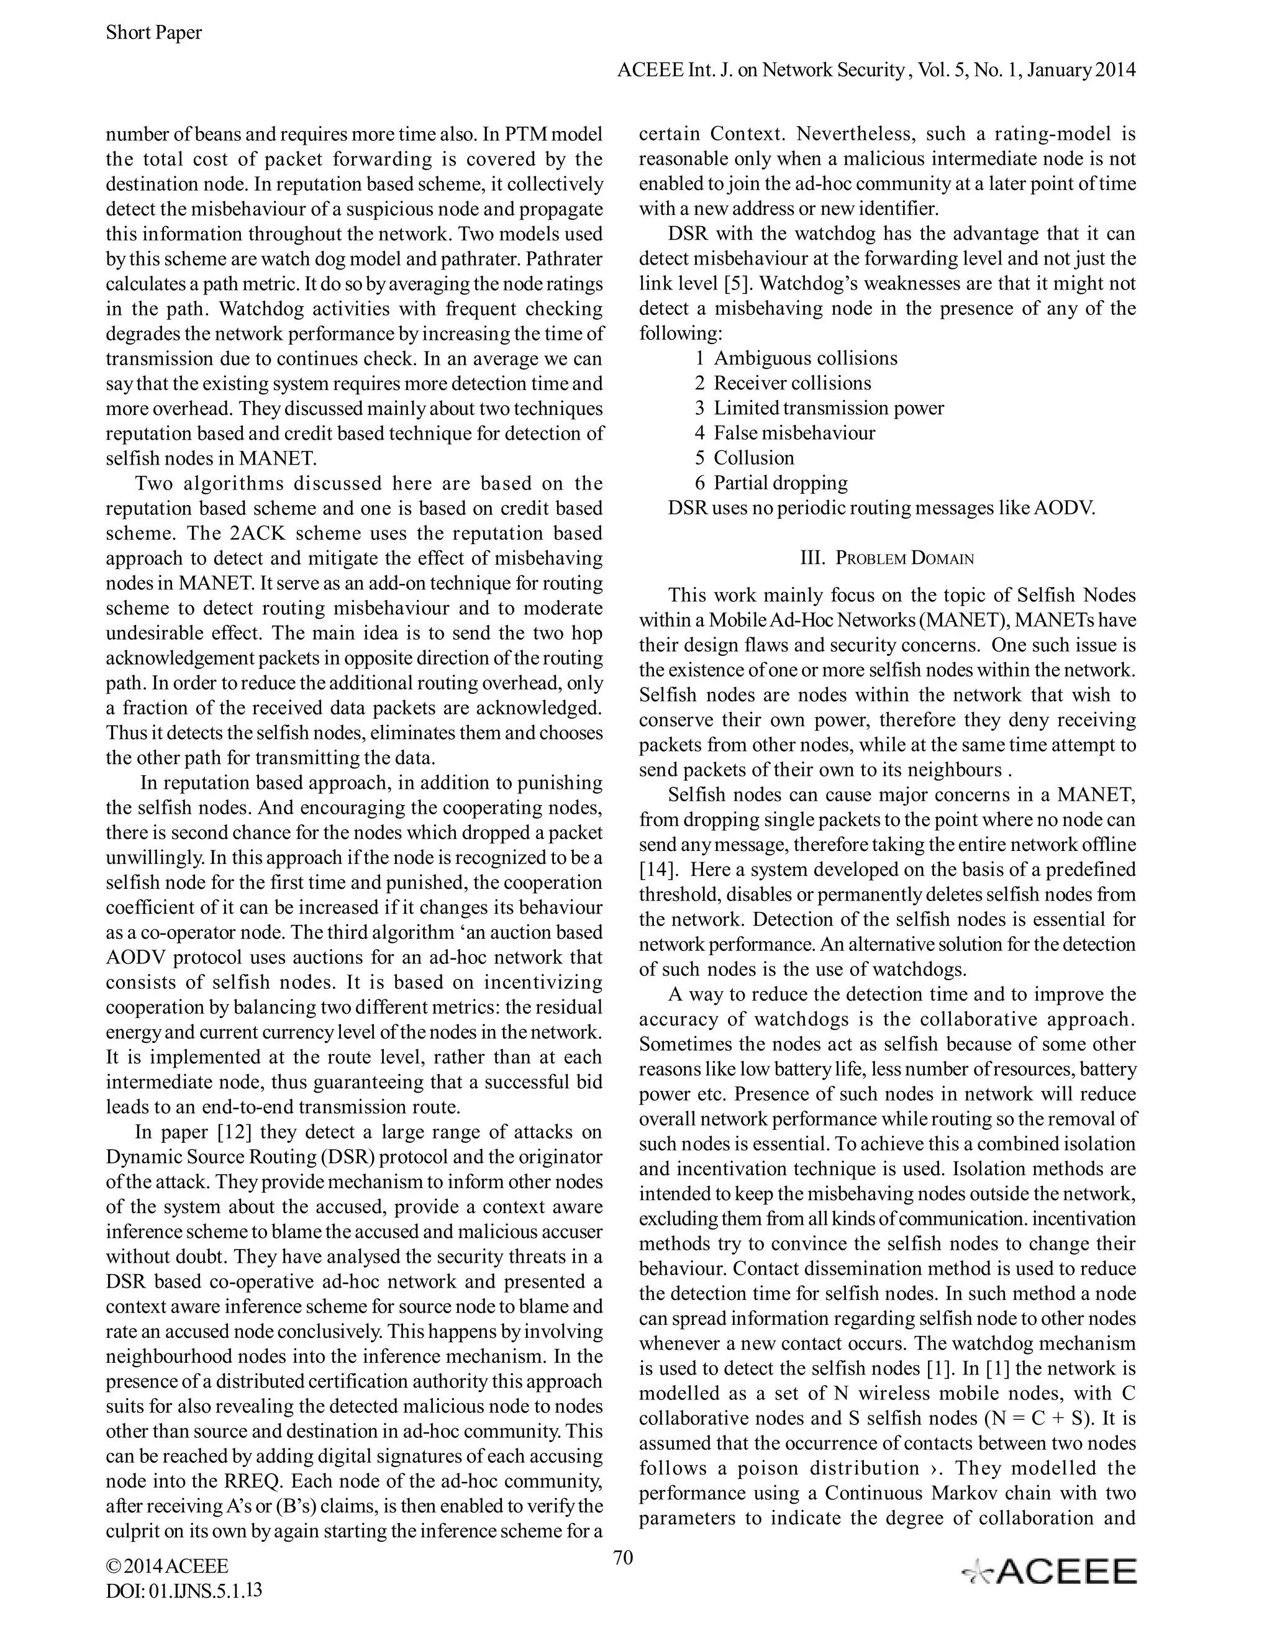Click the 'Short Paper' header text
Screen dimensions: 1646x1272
tap(154, 32)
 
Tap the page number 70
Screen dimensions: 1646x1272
tap(623, 1557)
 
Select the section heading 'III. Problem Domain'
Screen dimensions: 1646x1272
tap(887, 558)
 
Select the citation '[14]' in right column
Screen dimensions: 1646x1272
tap(654, 870)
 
